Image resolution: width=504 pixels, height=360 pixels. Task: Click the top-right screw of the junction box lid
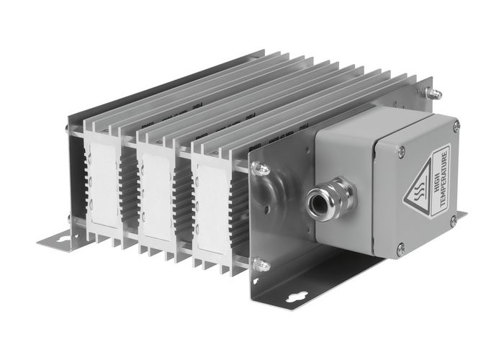coord(456,127)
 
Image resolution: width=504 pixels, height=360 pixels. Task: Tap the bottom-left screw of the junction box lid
coord(400,249)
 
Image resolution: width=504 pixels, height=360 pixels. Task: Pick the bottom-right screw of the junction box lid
coord(453,220)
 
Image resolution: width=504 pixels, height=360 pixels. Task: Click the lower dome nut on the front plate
coord(261,266)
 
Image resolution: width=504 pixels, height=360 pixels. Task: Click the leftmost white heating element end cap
coord(102,184)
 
